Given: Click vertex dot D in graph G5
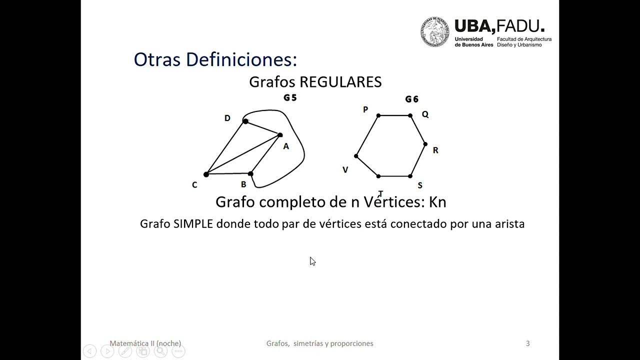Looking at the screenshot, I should point(245,121).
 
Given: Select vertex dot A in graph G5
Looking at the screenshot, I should point(280,135).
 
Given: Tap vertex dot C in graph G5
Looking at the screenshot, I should point(206,174).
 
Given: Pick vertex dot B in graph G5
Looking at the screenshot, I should point(250,174).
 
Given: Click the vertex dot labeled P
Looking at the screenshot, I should point(378,115).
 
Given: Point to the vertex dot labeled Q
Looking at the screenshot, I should point(410,115).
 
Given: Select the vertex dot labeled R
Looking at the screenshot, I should point(425,144).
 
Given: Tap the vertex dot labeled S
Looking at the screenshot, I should point(410,176).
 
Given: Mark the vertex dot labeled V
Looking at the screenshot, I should point(356,156).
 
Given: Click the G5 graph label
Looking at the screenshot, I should point(290,98).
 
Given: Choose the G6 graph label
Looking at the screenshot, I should point(411,99).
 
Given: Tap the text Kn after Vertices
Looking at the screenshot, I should point(437,202).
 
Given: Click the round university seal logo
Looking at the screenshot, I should point(434,32).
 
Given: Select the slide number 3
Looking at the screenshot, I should point(528,343).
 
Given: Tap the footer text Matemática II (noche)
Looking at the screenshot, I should point(145,343).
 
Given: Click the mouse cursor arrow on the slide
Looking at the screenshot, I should point(312,261).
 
